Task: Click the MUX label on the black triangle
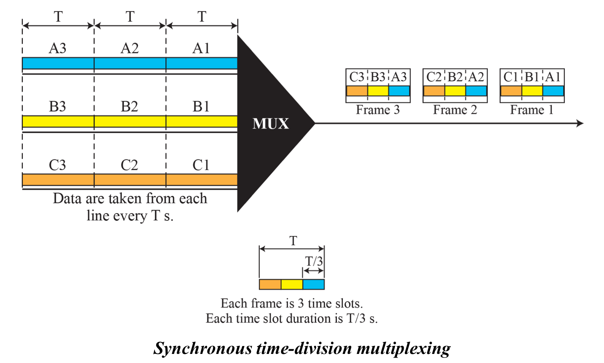coord(271,124)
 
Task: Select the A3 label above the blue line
coord(57,48)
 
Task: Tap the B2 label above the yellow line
coord(129,107)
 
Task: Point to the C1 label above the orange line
coord(201,165)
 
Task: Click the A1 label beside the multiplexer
coord(201,48)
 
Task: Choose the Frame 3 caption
coord(378,110)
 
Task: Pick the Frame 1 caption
coord(532,110)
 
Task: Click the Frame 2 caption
coord(455,110)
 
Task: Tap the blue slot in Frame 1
coord(553,91)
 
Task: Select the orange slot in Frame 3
coord(357,91)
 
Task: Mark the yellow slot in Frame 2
coord(455,91)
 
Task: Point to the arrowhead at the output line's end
coord(580,123)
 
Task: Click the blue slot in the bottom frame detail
coord(313,284)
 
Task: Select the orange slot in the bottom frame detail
coord(270,284)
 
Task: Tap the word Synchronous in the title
coord(202,348)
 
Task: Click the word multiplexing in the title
coord(403,348)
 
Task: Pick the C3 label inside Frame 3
coord(357,77)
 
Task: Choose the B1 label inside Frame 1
coord(532,77)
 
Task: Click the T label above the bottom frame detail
coord(293,241)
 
